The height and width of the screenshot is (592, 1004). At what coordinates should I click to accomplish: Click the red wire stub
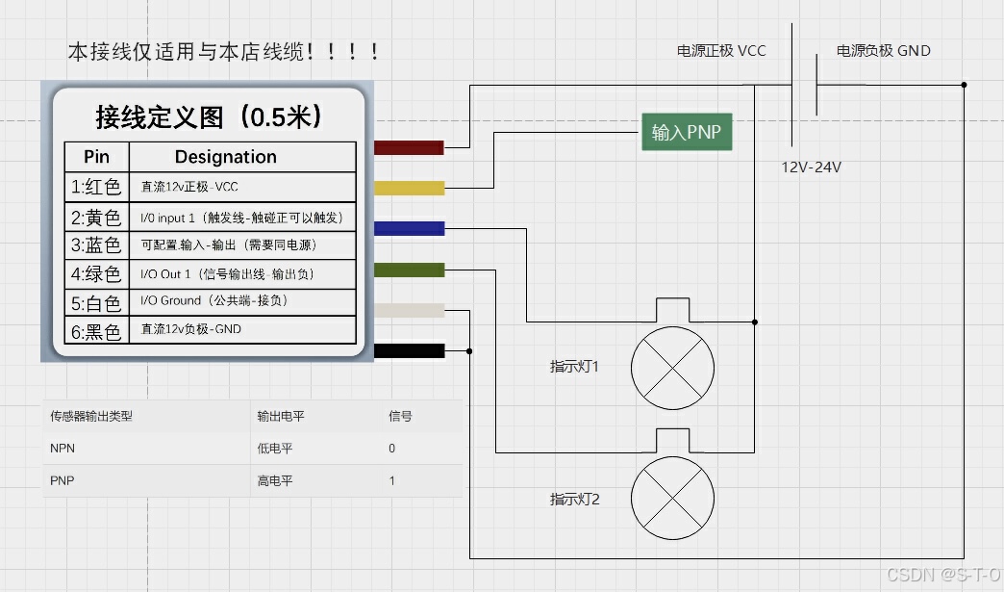click(409, 148)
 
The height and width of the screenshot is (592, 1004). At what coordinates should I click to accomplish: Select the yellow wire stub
click(409, 188)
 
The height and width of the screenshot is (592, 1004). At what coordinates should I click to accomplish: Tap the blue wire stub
click(409, 228)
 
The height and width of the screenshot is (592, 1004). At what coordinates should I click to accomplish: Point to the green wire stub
click(409, 270)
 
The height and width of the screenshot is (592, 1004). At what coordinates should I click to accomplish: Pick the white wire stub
click(409, 310)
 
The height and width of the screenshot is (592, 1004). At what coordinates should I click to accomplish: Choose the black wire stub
click(409, 350)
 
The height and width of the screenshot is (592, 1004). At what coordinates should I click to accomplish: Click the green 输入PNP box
click(687, 133)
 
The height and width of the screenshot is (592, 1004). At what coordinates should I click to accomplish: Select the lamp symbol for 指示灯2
click(673, 498)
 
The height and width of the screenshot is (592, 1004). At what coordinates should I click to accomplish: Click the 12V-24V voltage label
click(811, 167)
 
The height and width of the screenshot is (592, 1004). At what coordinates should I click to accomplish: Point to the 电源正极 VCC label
click(721, 51)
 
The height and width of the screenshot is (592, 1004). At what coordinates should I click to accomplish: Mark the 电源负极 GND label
click(883, 51)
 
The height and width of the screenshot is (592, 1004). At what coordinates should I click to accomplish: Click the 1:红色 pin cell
click(96, 187)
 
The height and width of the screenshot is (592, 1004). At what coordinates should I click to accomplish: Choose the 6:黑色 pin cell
click(96, 331)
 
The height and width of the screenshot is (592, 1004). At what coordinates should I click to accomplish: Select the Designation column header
click(225, 157)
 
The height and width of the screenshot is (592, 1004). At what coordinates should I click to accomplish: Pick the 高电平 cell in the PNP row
click(274, 481)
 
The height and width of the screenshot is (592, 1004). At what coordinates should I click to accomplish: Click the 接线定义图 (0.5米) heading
click(208, 117)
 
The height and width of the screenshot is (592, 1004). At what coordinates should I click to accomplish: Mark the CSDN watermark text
click(942, 575)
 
